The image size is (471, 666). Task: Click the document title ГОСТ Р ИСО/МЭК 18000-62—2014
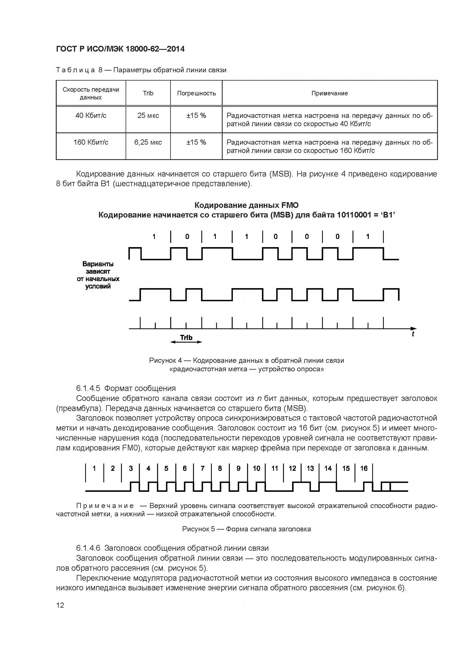tap(120, 49)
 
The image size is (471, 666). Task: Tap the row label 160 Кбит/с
tap(91, 142)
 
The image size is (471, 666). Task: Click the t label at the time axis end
tap(413, 334)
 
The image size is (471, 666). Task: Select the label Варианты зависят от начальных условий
tap(98, 275)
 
